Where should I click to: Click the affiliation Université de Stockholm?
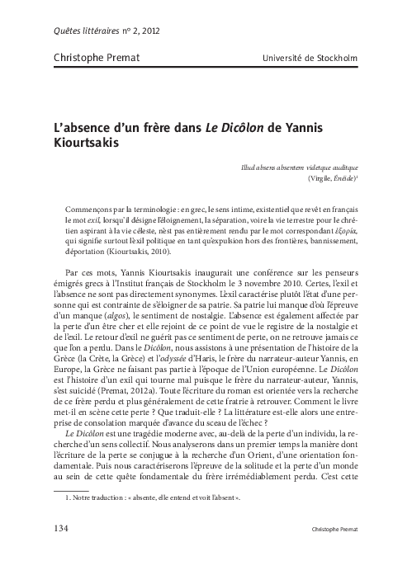point(310,58)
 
